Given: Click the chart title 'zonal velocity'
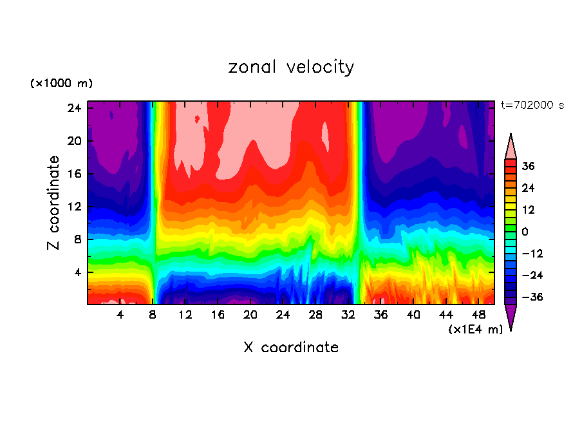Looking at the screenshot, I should coord(291,67).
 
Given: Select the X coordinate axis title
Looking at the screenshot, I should coord(291,348).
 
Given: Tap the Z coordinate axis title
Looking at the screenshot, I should coord(54,203).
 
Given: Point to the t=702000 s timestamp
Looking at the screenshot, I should coord(532,106).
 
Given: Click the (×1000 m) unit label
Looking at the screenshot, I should coord(61,84).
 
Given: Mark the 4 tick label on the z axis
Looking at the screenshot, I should coord(79,272).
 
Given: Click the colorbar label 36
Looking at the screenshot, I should coord(528,166).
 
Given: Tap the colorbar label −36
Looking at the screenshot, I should coord(532,297).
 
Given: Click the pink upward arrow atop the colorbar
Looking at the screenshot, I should coord(511,146).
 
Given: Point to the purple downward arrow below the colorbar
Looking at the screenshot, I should coord(511,317).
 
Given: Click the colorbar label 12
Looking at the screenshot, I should coord(528,210).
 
